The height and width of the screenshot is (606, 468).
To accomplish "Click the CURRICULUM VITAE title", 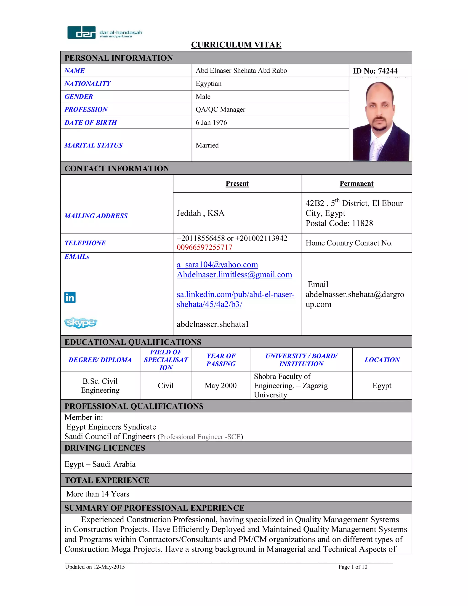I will click(236, 45).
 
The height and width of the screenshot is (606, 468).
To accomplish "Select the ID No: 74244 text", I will click(375, 71).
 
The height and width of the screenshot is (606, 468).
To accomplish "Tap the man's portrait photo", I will click(381, 121).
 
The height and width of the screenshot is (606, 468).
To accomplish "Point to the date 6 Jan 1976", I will click(211, 122).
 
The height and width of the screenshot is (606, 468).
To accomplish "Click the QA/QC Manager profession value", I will click(220, 109).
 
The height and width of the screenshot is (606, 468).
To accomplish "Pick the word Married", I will click(207, 145).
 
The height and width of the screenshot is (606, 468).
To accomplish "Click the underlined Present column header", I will click(237, 183).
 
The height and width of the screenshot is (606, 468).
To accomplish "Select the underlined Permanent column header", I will click(356, 183).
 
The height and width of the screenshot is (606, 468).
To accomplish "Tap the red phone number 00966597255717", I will click(205, 247).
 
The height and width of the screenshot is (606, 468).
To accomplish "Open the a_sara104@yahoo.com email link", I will click(217, 264).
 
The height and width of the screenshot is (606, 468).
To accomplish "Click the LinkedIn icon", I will click(70, 297).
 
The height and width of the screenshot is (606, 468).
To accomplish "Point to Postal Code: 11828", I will click(339, 223).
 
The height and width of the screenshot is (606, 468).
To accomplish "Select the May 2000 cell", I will click(221, 385).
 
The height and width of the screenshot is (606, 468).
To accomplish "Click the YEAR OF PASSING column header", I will click(221, 360).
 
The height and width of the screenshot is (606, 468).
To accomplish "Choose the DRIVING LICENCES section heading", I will click(105, 448).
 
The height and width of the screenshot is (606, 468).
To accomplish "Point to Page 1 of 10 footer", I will click(353, 567).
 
